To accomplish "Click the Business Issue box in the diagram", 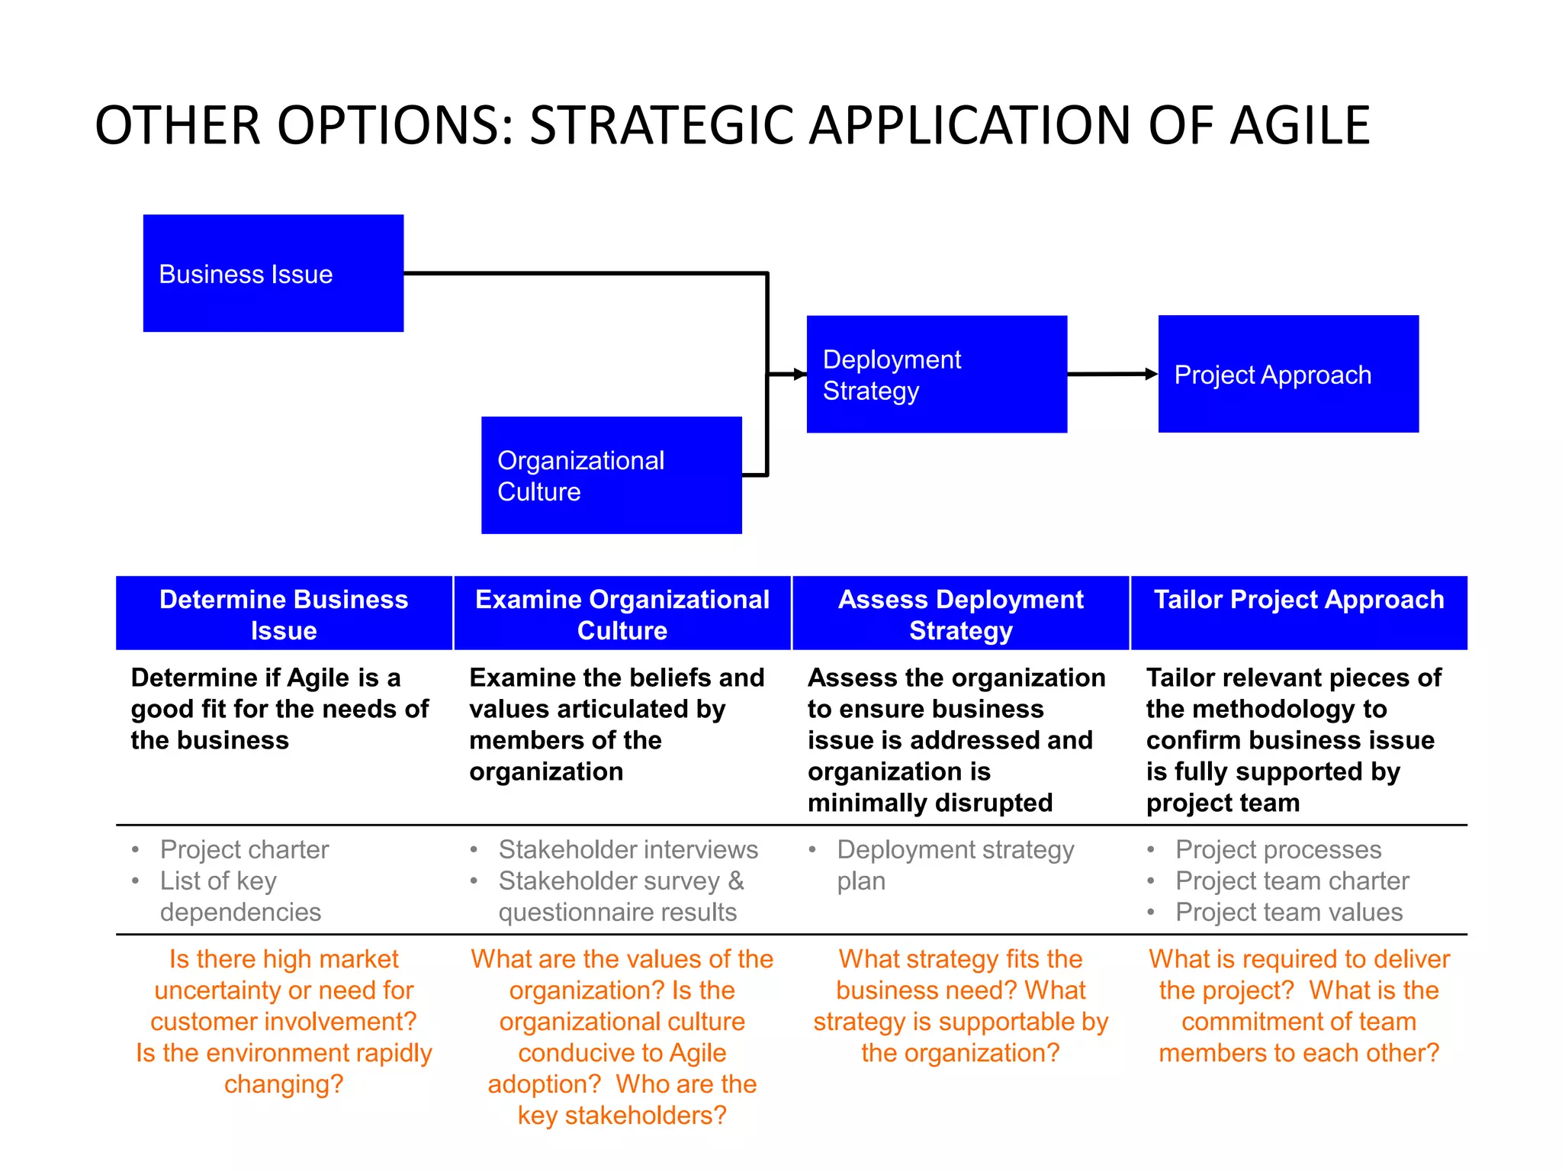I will tap(273, 273).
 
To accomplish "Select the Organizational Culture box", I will tap(611, 475).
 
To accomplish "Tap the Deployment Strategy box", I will tap(937, 374).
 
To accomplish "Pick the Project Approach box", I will tap(1288, 374).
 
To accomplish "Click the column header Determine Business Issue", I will tap(284, 614).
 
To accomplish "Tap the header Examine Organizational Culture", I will tap(622, 614).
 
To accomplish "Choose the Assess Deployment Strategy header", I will tap(960, 614).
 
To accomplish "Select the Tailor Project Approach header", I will tap(1298, 600).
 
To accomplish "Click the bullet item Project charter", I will tap(244, 849).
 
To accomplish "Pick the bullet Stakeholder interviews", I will tap(628, 849).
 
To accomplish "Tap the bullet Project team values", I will tap(1288, 912).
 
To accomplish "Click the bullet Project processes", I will tap(1278, 849).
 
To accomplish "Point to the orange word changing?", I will tap(284, 1084).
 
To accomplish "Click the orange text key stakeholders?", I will tap(622, 1116).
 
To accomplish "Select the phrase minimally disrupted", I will tap(930, 803).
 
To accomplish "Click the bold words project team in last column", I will tap(1223, 803).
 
